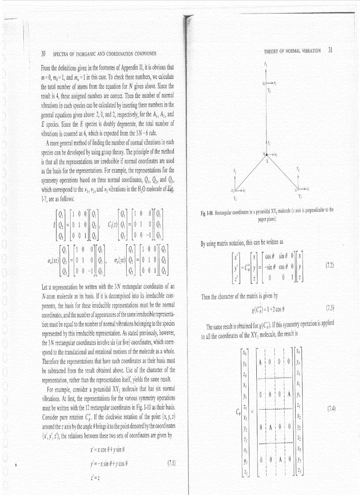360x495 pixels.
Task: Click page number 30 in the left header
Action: (43, 54)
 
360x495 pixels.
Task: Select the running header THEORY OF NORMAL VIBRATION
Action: (292, 51)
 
